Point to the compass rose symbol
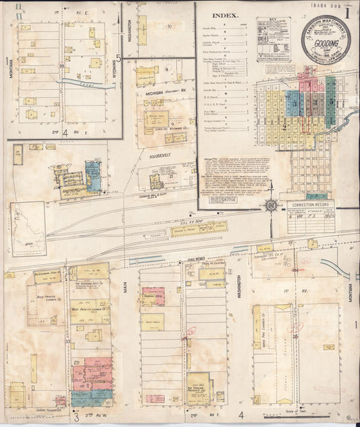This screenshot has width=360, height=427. tap(271, 205)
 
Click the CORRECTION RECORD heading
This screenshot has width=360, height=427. tap(310, 203)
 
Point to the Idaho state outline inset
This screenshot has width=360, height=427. tap(28, 227)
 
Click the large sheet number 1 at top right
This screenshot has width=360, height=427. tap(347, 11)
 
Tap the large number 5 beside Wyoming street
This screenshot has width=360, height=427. tap(118, 57)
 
